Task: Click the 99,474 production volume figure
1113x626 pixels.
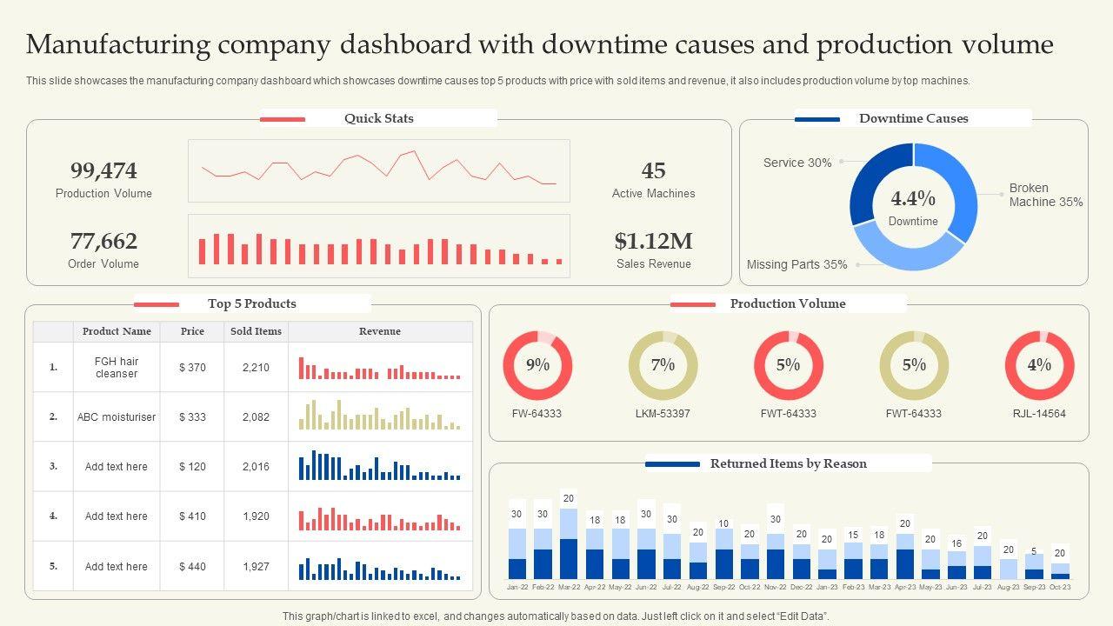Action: [x=103, y=170]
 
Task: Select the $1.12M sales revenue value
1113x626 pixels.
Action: [x=653, y=241]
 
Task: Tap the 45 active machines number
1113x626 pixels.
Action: [x=653, y=170]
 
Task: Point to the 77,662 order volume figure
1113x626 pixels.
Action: [x=103, y=241]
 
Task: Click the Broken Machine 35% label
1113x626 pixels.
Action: [x=1045, y=195]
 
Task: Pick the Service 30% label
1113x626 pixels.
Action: [x=797, y=163]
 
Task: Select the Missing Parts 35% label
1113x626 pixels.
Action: [x=796, y=264]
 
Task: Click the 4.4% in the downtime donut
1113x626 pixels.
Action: [x=913, y=198]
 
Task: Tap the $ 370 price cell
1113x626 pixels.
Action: [x=192, y=368]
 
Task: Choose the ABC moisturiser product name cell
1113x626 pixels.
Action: [x=117, y=417]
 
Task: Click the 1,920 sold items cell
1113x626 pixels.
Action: [x=256, y=516]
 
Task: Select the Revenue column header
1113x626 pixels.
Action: [x=380, y=331]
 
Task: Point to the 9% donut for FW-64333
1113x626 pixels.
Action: [x=537, y=365]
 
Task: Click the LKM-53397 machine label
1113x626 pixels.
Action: [x=663, y=414]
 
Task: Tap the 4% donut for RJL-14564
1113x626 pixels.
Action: [x=1039, y=365]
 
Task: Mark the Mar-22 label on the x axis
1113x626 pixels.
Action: [x=569, y=588]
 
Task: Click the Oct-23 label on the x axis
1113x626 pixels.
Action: [x=1060, y=588]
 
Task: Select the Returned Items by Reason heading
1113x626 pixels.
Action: [x=788, y=463]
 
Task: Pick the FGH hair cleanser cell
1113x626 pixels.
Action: [x=117, y=368]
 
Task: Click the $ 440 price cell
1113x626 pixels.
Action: [x=192, y=567]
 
